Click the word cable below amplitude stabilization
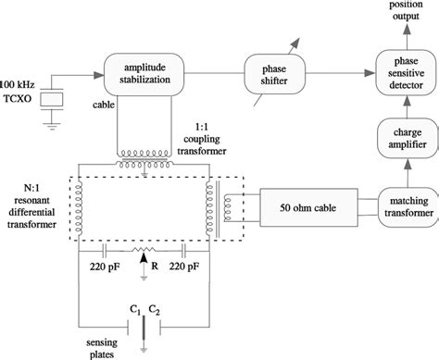105,105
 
